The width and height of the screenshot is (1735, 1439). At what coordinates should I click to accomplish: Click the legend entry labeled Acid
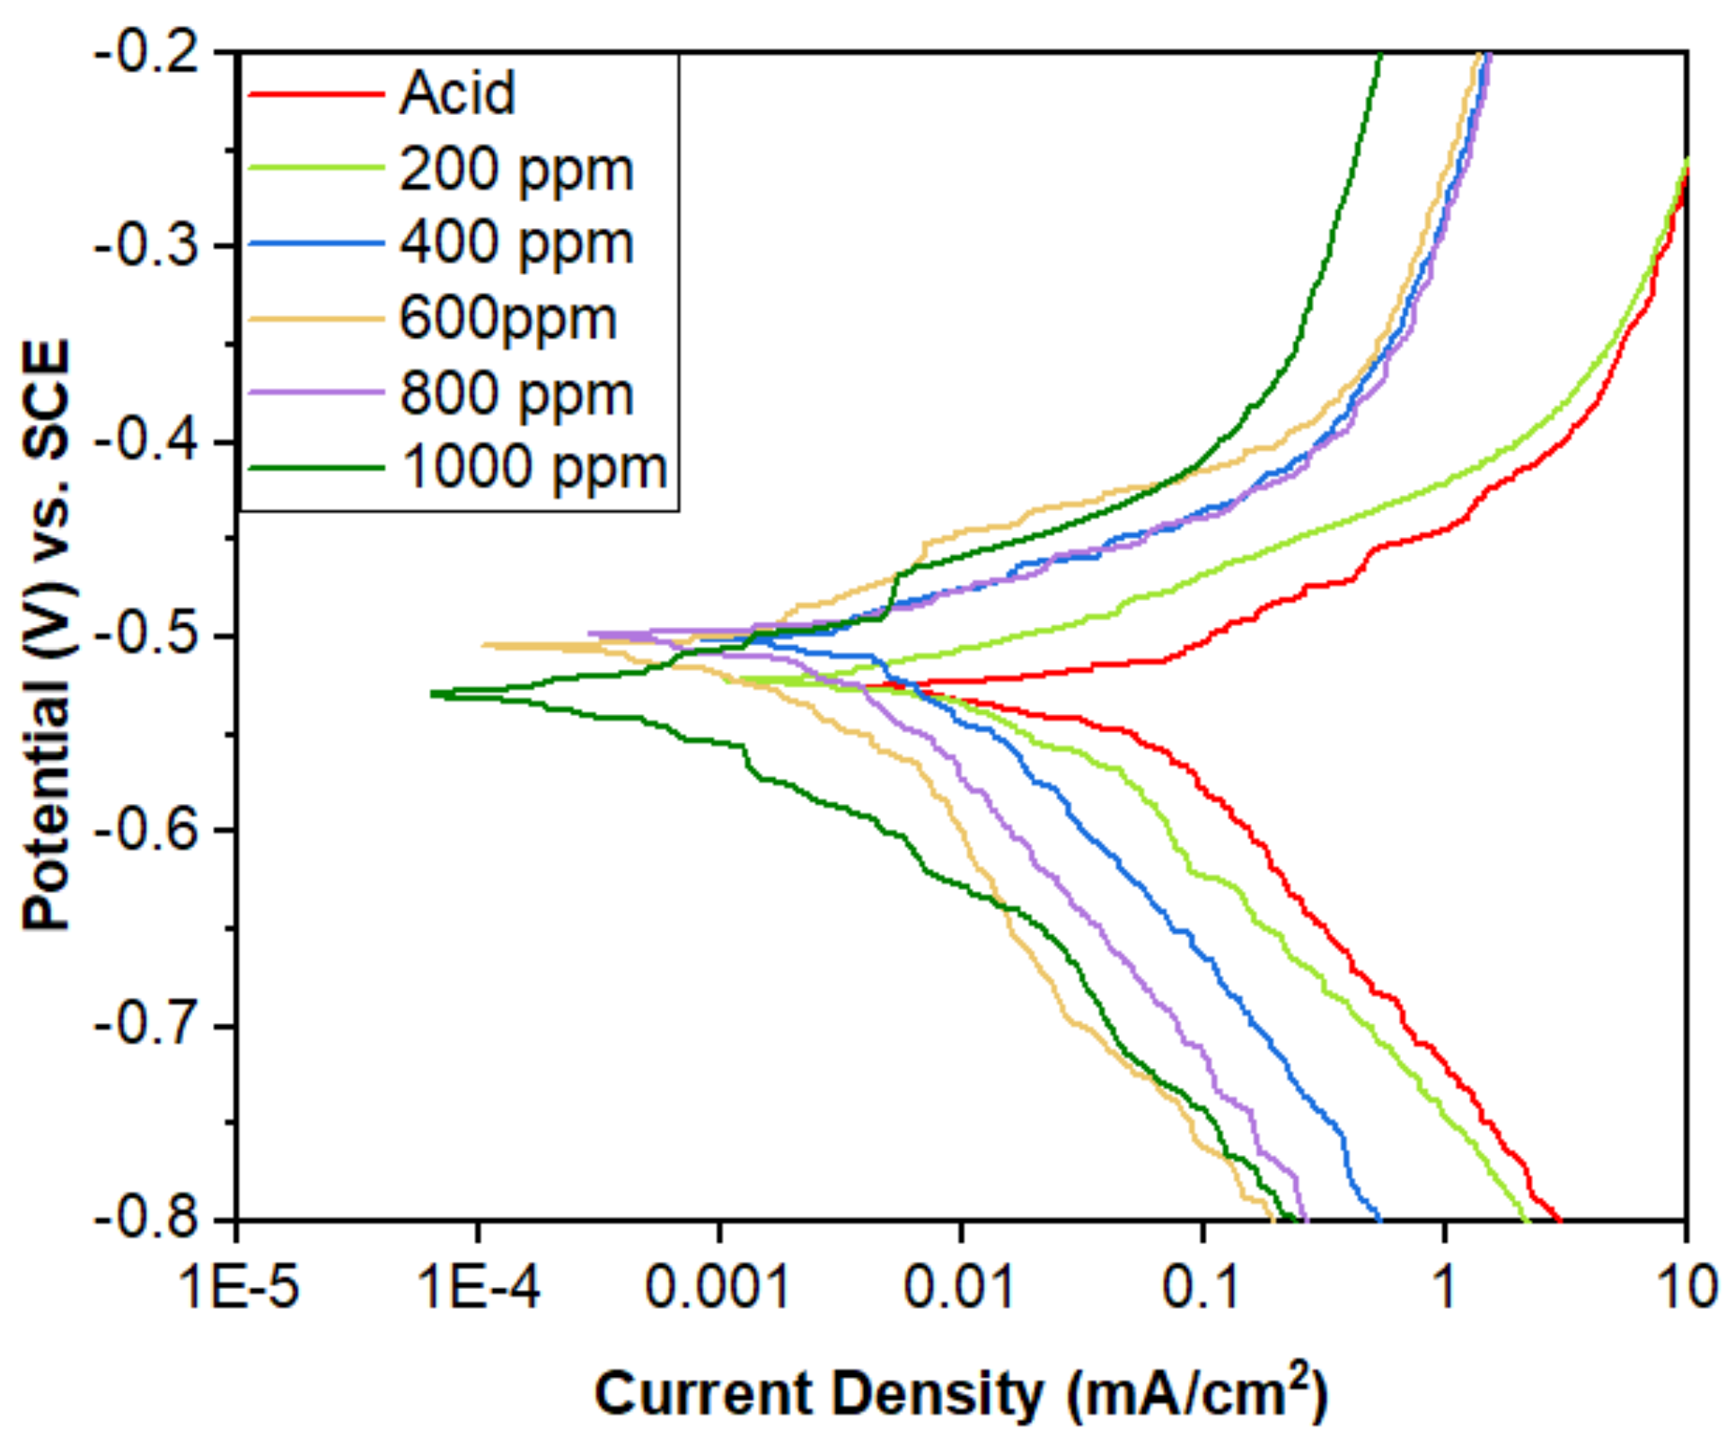tap(457, 93)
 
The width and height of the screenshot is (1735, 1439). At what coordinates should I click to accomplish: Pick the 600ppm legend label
tap(507, 318)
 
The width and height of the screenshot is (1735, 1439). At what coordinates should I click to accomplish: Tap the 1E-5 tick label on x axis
tap(239, 1287)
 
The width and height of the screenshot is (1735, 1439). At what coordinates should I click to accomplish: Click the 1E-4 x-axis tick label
tap(480, 1287)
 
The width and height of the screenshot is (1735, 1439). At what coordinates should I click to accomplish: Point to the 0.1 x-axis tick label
tap(1201, 1287)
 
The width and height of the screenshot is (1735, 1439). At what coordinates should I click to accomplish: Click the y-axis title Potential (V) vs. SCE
tap(47, 634)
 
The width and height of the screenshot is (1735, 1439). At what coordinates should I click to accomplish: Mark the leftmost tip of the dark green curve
tap(432, 693)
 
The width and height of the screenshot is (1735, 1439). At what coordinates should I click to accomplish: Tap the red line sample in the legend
tap(316, 93)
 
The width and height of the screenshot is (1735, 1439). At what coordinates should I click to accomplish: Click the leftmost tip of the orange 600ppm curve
tap(483, 644)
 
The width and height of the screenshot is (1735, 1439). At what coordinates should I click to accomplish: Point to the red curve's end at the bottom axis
tap(1560, 1218)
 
